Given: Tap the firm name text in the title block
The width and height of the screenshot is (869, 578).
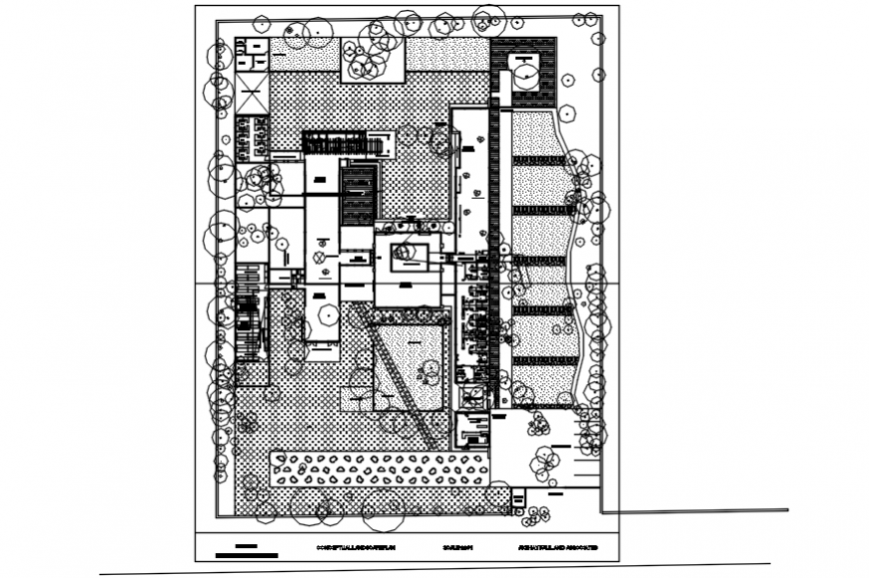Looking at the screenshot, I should click(x=544, y=549).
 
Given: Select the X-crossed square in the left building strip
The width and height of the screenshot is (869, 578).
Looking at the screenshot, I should click(x=250, y=102).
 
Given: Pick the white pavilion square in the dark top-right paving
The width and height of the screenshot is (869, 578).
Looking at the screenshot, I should click(x=523, y=71).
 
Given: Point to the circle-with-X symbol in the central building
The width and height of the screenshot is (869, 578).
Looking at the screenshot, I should click(x=321, y=258).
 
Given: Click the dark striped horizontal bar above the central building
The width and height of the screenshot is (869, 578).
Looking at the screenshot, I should click(x=342, y=143).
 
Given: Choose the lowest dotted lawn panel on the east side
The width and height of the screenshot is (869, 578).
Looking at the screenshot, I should click(x=539, y=384).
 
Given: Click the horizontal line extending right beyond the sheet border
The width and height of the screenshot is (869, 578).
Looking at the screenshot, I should click(x=699, y=510).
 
